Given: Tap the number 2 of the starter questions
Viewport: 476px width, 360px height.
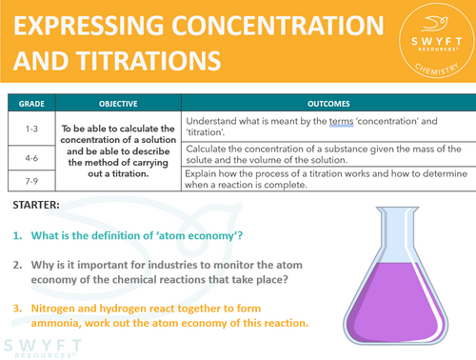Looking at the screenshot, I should pos(17,268).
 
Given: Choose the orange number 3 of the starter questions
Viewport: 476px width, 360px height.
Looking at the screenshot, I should pos(17,309).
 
